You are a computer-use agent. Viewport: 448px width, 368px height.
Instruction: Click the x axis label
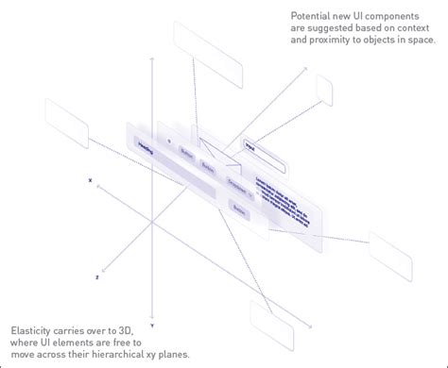(x=91, y=178)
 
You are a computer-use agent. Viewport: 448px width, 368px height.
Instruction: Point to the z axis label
(x=96, y=278)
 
